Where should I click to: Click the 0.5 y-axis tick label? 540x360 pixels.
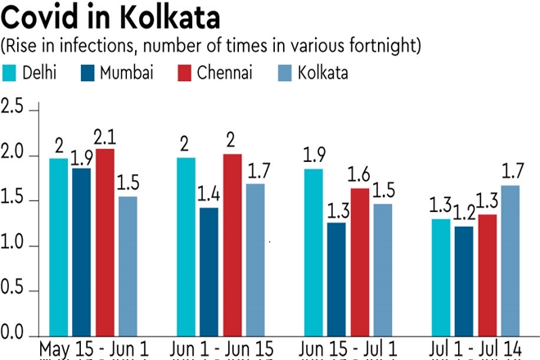(13, 290)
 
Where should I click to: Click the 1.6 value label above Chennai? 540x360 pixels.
(359, 175)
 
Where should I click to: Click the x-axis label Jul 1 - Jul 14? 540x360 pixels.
(477, 348)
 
